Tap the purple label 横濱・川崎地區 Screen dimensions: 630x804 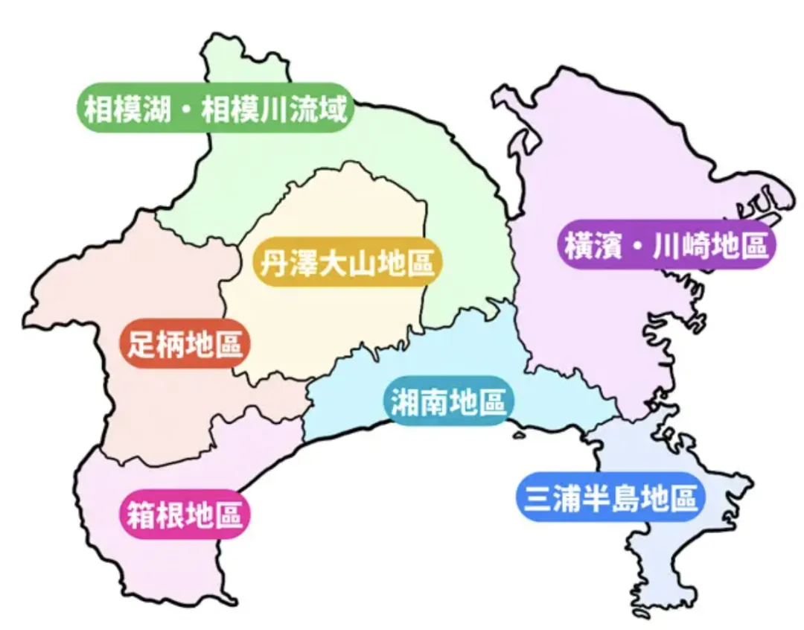point(666,245)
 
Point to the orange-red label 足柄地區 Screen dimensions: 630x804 point(185,344)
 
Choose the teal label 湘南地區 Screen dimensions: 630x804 point(448,401)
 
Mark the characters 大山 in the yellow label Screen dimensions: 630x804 point(346,263)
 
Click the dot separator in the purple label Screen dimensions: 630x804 point(634,245)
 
